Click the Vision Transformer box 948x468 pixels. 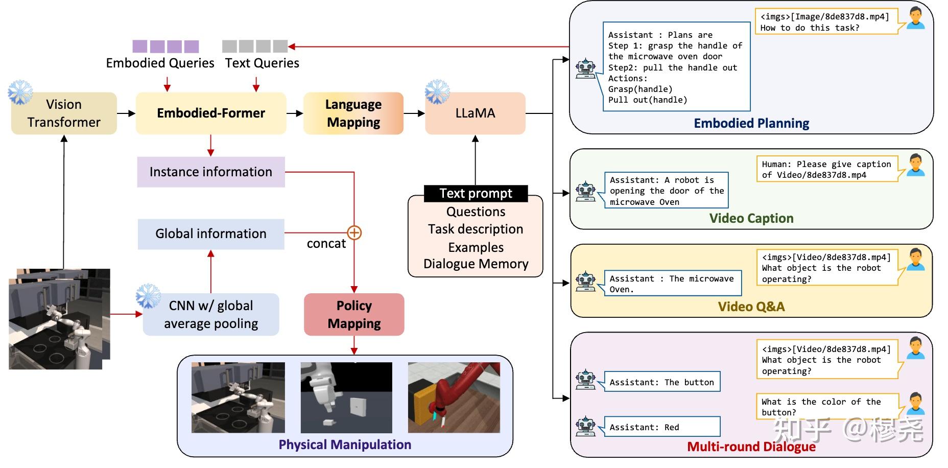click(x=64, y=113)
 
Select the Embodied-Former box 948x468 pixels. click(x=210, y=113)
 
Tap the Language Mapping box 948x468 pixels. click(x=353, y=113)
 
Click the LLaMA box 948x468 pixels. click(x=475, y=113)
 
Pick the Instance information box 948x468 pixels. click(x=210, y=172)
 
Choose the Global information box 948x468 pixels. click(x=210, y=234)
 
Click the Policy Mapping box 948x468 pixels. click(x=354, y=314)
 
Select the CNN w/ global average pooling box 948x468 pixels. click(x=210, y=314)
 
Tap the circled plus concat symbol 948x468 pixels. click(x=354, y=233)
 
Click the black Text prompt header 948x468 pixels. click(x=475, y=194)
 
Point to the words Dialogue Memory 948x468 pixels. click(x=476, y=264)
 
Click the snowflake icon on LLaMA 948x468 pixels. click(x=437, y=92)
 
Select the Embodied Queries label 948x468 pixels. click(x=160, y=63)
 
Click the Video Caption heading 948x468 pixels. click(x=751, y=219)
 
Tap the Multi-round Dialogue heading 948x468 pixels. click(x=751, y=447)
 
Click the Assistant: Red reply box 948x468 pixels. click(x=662, y=427)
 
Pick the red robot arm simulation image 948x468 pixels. click(x=454, y=397)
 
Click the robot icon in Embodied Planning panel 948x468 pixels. click(x=585, y=68)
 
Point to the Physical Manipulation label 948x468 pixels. click(x=345, y=445)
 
